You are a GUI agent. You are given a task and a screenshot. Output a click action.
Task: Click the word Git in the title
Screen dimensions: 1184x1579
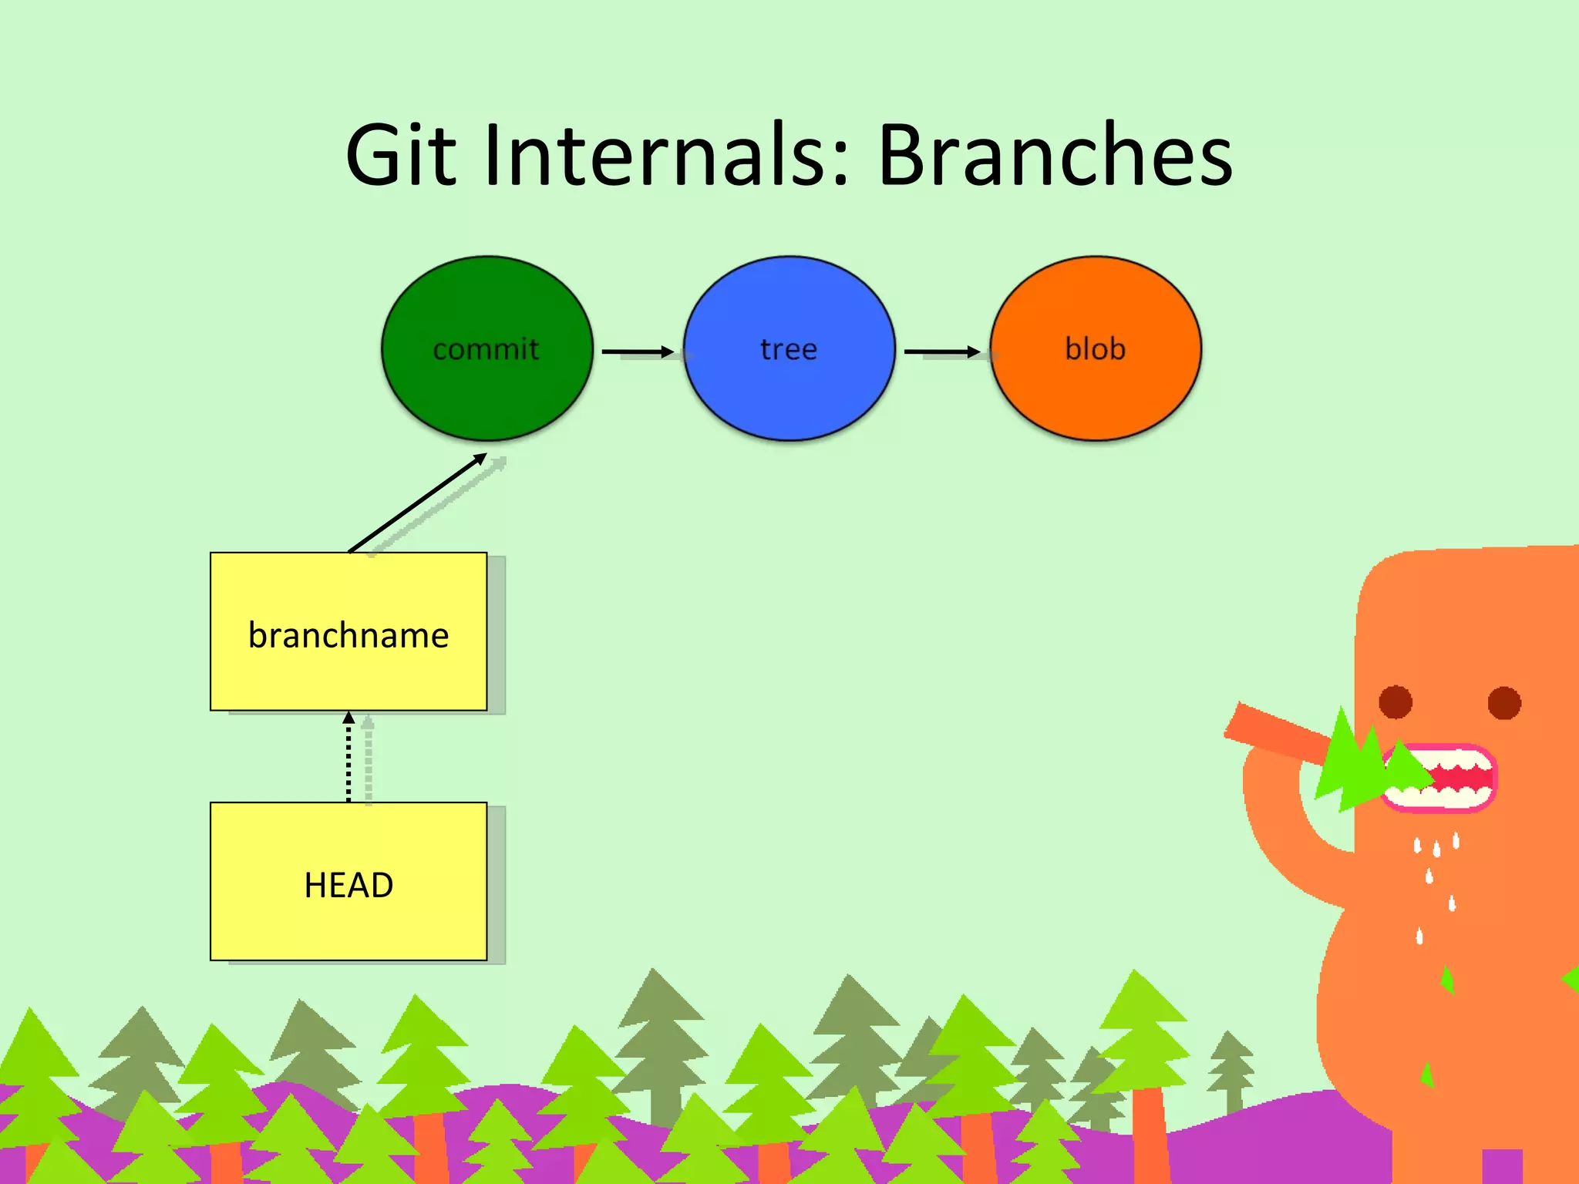(x=401, y=156)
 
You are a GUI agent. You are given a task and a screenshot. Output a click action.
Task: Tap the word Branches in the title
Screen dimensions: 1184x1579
(x=1055, y=156)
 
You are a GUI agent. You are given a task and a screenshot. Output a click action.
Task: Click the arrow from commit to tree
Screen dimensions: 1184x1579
(x=637, y=351)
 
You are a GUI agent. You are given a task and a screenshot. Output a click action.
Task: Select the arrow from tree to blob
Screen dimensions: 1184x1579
(x=941, y=351)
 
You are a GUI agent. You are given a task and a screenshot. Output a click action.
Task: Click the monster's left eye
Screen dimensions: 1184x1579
(x=1396, y=702)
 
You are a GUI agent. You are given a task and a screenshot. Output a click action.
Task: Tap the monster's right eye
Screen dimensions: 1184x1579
(x=1504, y=702)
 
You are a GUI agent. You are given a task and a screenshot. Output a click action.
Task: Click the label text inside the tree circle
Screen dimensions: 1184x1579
(x=789, y=349)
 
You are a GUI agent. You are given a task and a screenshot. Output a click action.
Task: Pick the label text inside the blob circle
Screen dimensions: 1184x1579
(x=1096, y=348)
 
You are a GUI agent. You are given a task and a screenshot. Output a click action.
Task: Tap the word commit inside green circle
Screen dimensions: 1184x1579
(x=486, y=349)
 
